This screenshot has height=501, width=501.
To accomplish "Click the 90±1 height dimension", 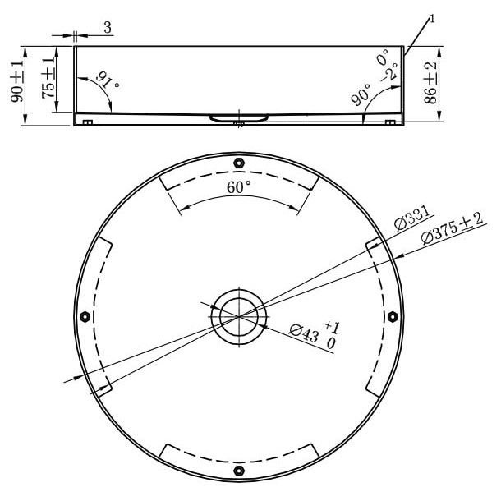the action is coord(17,81).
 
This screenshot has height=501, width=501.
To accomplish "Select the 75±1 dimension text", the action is coord(48,78).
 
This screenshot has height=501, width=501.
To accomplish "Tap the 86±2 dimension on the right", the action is coord(430,83).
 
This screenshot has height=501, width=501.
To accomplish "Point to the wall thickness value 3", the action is coord(108,27).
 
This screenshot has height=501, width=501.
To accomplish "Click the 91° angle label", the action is coord(108,80).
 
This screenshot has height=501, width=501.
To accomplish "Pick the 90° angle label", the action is coord(361,95).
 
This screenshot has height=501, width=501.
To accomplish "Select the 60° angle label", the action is coord(238,187).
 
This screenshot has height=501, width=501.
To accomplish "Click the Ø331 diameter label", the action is coord(413,218).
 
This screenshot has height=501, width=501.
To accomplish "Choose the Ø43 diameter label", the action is coord(304,333).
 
